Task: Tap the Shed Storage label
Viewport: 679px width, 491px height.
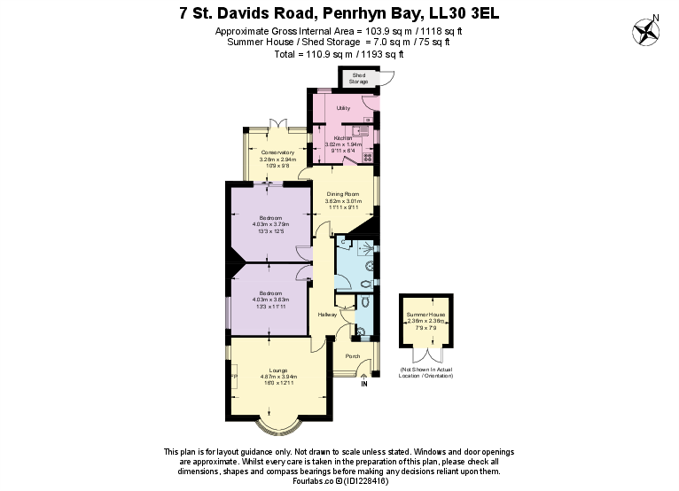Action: pyautogui.click(x=358, y=79)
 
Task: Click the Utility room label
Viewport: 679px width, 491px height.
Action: pyautogui.click(x=343, y=108)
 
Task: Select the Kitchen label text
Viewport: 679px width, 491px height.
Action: pyautogui.click(x=343, y=138)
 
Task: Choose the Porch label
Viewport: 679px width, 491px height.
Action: pyautogui.click(x=352, y=356)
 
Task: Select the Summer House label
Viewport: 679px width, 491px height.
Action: pyautogui.click(x=425, y=315)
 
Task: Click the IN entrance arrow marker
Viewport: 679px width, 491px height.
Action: pyautogui.click(x=363, y=381)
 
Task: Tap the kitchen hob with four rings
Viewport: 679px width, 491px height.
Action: pyautogui.click(x=367, y=158)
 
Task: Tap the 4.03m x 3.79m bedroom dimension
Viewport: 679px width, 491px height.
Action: pyautogui.click(x=270, y=224)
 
